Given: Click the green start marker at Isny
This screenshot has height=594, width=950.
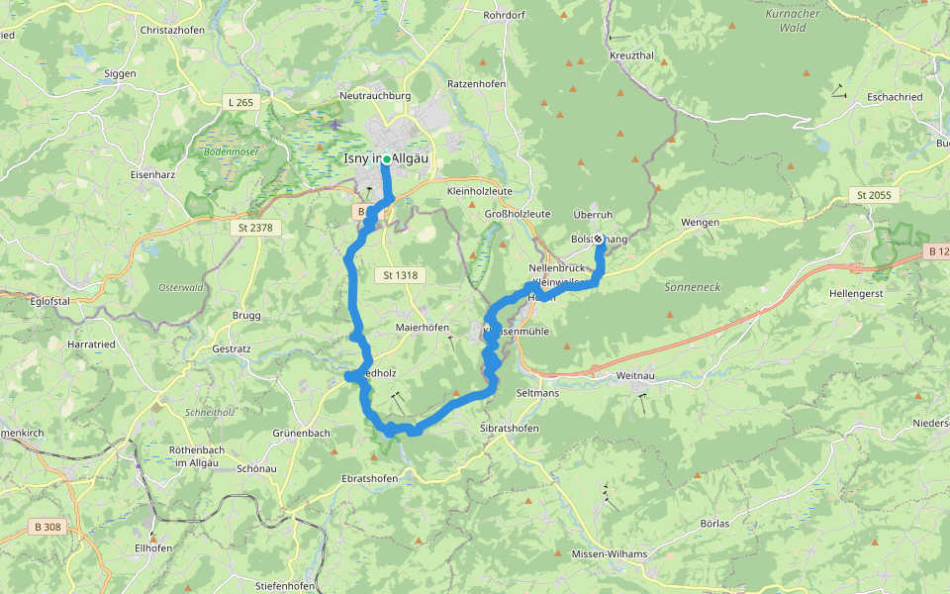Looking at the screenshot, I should coord(386,158).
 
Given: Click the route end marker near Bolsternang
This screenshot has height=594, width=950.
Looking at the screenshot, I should coord(598,239).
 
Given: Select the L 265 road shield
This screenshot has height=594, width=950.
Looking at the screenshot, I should coord(240,103).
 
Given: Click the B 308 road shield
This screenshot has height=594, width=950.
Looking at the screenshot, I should coord(49,528).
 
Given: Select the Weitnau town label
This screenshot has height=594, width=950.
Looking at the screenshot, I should coord(635,375).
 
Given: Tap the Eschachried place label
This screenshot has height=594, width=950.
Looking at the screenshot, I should coord(895,97).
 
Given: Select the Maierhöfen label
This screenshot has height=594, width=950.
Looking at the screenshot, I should coord(422,328).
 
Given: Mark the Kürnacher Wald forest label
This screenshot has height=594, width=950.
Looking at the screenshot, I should coord(793,21).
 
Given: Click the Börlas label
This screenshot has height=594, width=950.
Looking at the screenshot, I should coord(713,523).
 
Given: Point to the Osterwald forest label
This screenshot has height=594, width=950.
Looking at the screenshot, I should coord(180,287).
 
